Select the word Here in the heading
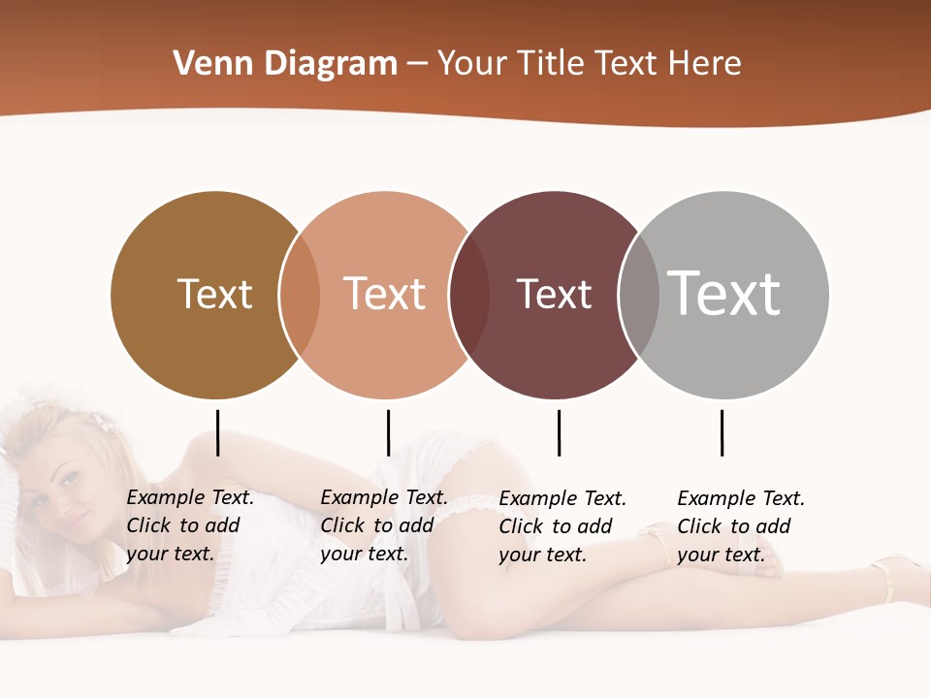(x=707, y=64)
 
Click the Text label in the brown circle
(x=214, y=294)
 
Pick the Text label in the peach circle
(x=385, y=294)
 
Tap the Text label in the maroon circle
(x=554, y=294)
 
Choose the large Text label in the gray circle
(x=723, y=294)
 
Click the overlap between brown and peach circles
(x=300, y=294)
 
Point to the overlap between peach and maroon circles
(x=469, y=294)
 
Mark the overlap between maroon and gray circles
(x=639, y=294)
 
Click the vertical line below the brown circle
(x=218, y=432)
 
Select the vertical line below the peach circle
(x=388, y=432)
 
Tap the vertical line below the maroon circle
(x=559, y=432)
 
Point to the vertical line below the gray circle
(x=722, y=432)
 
